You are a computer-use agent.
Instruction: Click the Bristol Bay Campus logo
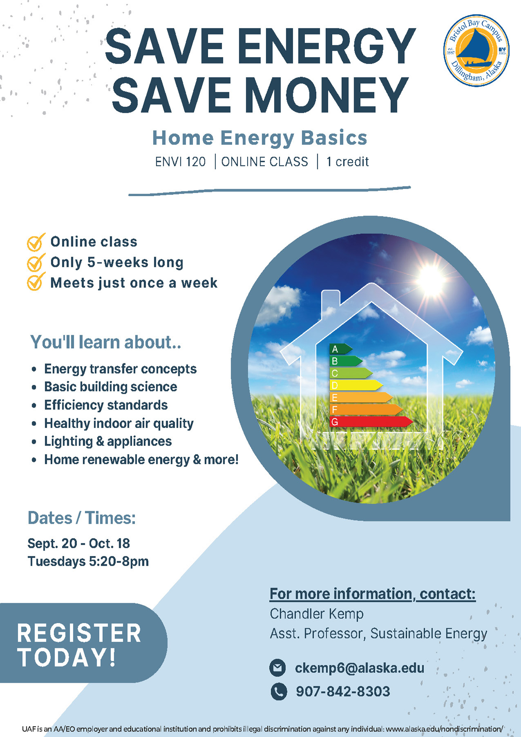476,50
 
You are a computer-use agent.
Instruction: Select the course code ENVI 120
180,162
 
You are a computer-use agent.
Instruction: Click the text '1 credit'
347,162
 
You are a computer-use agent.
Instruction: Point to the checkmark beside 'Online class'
36,242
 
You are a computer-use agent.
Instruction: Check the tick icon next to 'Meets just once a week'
36,282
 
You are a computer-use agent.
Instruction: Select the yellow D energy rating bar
355,385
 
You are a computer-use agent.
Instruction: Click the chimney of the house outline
330,300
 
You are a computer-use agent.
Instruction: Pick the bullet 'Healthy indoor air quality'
118,423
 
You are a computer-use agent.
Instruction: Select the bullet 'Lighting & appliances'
108,441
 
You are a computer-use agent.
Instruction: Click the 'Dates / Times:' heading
81,518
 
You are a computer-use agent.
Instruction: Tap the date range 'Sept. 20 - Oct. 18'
79,543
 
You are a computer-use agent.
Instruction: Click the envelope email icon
278,668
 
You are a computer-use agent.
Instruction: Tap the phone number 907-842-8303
343,691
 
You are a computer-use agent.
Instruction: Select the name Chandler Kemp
317,614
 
